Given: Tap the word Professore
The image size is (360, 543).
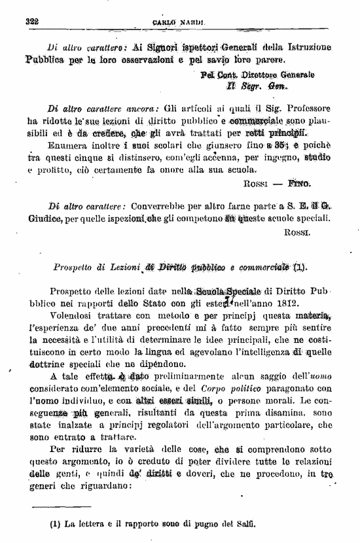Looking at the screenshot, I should (x=307, y=108).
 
